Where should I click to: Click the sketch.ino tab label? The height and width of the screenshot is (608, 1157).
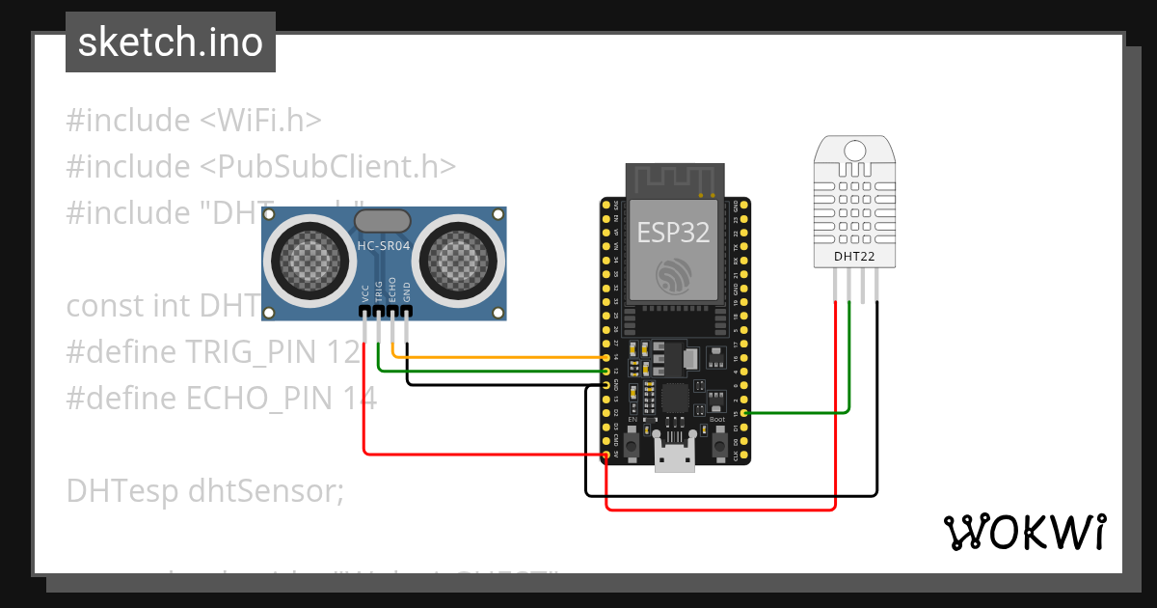[x=170, y=42]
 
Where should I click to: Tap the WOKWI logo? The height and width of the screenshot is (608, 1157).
[x=1023, y=532]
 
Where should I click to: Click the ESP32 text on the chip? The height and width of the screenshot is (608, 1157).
[x=673, y=232]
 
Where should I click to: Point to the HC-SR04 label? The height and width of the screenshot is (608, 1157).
[x=384, y=247]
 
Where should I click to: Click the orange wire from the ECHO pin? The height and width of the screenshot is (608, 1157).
[x=501, y=357]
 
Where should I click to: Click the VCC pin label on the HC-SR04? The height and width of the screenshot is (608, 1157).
[x=365, y=291]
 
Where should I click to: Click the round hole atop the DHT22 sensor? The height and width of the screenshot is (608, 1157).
[x=855, y=150]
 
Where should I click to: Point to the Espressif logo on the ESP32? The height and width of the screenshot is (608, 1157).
[x=674, y=276]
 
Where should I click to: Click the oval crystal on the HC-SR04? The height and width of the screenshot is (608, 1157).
[x=384, y=221]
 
